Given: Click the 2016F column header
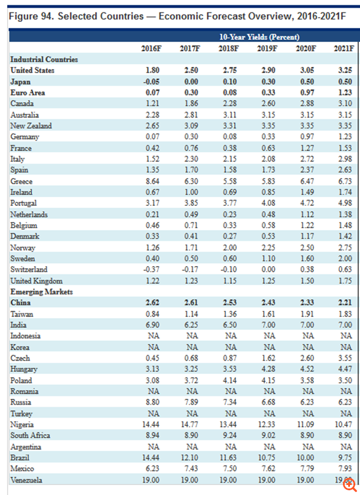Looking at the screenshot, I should pos(152,48).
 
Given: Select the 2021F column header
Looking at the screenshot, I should pos(343,48).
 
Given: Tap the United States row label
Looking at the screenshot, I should pos(32,70).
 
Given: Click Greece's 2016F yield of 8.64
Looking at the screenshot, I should pos(152,181).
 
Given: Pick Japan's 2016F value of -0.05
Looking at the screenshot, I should pos(152,81).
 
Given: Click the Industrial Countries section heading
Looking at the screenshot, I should pos(44,59).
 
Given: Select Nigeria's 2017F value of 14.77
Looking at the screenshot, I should pos(189,425).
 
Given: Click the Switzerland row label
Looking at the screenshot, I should pos(29,270).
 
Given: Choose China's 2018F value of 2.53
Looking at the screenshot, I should pos(227,303).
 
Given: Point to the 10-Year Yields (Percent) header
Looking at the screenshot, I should pos(247,37).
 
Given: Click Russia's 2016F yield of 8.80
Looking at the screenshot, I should pos(152,402).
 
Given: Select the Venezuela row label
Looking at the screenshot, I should pos(27,480).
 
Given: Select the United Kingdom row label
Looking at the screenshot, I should pos(36,281).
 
